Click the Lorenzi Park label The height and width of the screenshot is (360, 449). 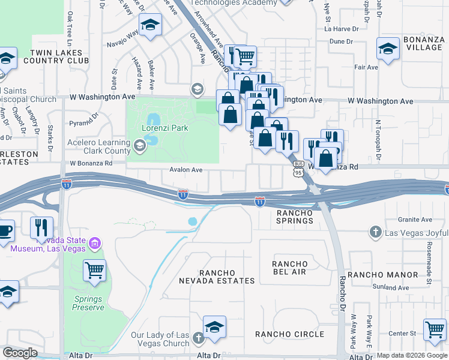[x=165, y=128]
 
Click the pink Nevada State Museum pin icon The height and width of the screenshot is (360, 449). [x=94, y=243]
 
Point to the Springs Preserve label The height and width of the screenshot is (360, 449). [x=89, y=303]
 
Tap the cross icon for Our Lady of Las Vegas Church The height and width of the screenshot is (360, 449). [x=199, y=339]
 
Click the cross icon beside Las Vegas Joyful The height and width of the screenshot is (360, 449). [x=375, y=232]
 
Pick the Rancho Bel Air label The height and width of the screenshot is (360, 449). [x=289, y=268]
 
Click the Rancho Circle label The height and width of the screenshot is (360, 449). [x=289, y=334]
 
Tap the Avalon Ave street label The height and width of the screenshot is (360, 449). [x=185, y=170]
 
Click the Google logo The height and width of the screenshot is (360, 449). [x=20, y=352]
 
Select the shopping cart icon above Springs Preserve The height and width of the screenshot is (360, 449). [x=95, y=271]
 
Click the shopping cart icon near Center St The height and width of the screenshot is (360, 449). [x=435, y=329]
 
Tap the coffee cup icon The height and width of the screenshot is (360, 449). [x=5, y=230]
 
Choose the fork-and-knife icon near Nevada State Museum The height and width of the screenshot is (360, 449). [x=41, y=227]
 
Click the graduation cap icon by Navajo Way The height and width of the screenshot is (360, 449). [x=149, y=25]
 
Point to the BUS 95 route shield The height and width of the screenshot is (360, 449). [x=298, y=167]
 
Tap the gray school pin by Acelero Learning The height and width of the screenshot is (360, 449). [x=140, y=145]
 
